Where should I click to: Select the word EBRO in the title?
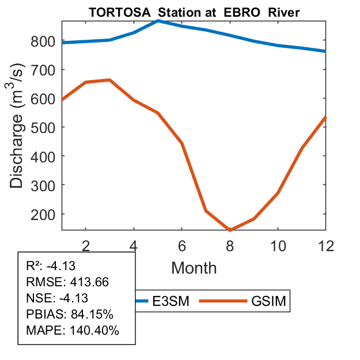[x=238, y=12]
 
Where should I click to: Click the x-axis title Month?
[x=194, y=268]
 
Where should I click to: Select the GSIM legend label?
[x=268, y=301]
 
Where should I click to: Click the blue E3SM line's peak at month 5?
[x=157, y=21]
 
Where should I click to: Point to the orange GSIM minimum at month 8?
[x=229, y=230]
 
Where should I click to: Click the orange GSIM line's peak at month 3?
[x=109, y=80]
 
